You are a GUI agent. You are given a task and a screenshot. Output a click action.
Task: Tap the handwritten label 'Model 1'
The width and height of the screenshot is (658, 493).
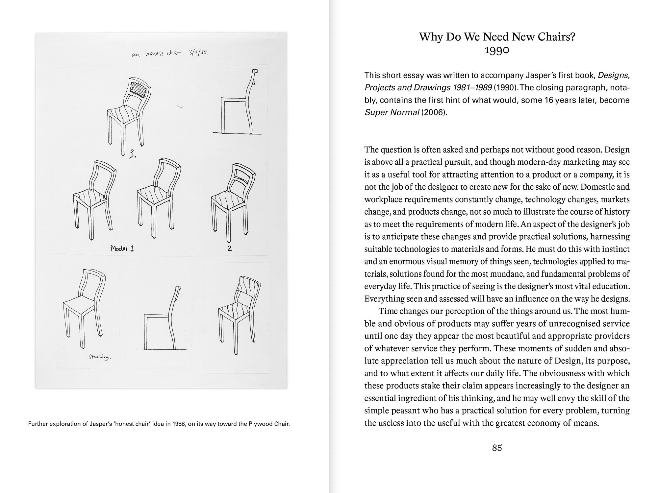122,249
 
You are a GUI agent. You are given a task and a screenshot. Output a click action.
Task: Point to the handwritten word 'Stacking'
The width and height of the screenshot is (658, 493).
100,357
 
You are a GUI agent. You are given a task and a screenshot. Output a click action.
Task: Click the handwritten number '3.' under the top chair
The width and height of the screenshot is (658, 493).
132,154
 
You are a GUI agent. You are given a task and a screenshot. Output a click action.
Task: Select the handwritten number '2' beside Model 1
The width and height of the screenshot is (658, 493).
230,248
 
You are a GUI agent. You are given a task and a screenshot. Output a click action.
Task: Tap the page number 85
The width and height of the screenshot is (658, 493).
497,448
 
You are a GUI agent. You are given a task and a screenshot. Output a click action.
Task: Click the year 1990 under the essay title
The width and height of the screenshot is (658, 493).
497,50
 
